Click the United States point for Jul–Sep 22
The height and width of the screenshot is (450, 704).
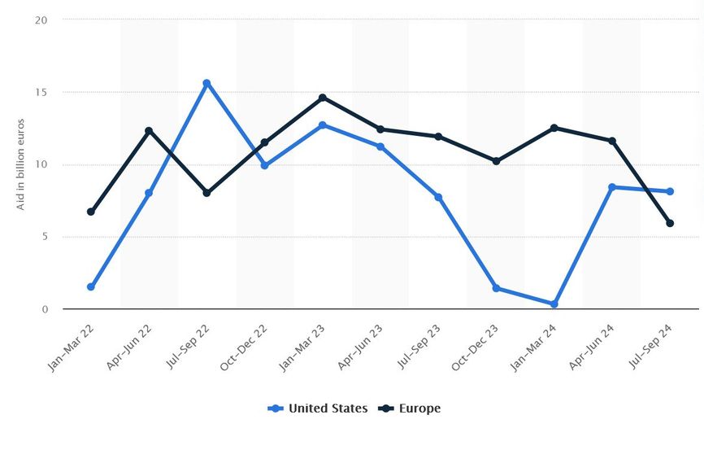206,83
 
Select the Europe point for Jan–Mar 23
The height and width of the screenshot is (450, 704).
323,98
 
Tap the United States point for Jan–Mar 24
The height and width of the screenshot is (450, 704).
554,304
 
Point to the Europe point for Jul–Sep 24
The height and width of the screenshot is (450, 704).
670,223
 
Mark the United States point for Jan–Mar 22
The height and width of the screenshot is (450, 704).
91,287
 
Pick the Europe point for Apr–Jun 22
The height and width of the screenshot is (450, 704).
149,131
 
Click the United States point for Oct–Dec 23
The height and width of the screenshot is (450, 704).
496,288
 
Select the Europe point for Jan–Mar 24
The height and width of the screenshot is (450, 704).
554,128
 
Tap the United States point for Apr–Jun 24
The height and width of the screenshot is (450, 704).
612,187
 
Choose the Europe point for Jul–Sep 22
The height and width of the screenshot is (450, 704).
206,193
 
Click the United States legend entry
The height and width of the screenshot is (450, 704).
319,408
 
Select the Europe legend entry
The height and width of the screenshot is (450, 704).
411,408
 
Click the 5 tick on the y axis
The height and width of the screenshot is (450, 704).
45,238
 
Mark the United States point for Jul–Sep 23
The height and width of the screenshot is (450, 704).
438,197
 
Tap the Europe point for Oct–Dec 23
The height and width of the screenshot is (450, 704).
496,161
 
